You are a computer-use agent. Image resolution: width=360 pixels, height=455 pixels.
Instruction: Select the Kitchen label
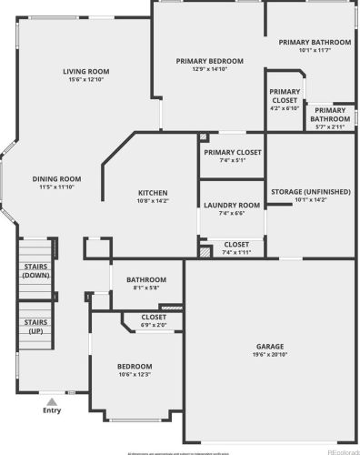pyautogui.click(x=153, y=192)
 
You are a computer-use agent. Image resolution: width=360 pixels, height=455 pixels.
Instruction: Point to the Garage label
pyautogui.click(x=270, y=347)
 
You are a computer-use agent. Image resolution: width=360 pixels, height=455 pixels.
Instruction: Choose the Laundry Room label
pyautogui.click(x=232, y=206)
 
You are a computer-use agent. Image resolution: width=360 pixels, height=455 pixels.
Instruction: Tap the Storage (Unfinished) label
pyautogui.click(x=310, y=192)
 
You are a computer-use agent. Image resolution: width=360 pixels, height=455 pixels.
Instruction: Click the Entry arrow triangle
pyautogui.click(x=53, y=399)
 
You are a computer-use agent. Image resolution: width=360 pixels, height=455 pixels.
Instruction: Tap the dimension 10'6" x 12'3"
pyautogui.click(x=134, y=374)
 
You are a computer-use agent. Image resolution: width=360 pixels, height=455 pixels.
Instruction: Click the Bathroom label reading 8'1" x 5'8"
pyautogui.click(x=146, y=279)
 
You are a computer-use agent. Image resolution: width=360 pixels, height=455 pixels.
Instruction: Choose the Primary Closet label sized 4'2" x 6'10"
pyautogui.click(x=285, y=92)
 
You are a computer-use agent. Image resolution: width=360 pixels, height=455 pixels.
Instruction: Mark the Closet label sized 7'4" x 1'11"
pyautogui.click(x=236, y=244)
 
